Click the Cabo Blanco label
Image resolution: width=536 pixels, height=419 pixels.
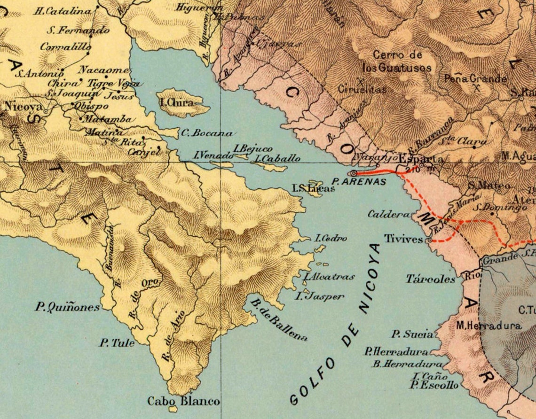[x=183, y=402]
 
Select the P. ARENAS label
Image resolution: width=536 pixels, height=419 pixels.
[x=358, y=181]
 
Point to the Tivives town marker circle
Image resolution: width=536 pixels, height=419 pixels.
[x=429, y=241]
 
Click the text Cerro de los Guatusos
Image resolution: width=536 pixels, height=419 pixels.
[x=398, y=62]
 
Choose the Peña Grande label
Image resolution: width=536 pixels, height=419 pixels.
[x=475, y=79]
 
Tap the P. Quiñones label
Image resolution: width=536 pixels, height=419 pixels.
[x=68, y=307]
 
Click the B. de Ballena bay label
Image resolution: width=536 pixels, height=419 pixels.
[x=280, y=320]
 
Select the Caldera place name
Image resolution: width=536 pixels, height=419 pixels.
[x=388, y=215]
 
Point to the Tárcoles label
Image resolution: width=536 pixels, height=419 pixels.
[x=431, y=279]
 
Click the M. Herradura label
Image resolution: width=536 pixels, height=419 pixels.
[x=488, y=326]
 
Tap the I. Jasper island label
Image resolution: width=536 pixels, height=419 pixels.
[x=319, y=296]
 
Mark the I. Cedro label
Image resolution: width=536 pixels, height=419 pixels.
[x=331, y=239]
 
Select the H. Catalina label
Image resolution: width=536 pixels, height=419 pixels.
[x=62, y=10]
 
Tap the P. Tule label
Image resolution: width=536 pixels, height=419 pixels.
[x=116, y=343]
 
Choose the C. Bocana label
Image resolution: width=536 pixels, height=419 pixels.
[x=206, y=133]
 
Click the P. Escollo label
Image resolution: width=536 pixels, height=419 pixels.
[x=434, y=386]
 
